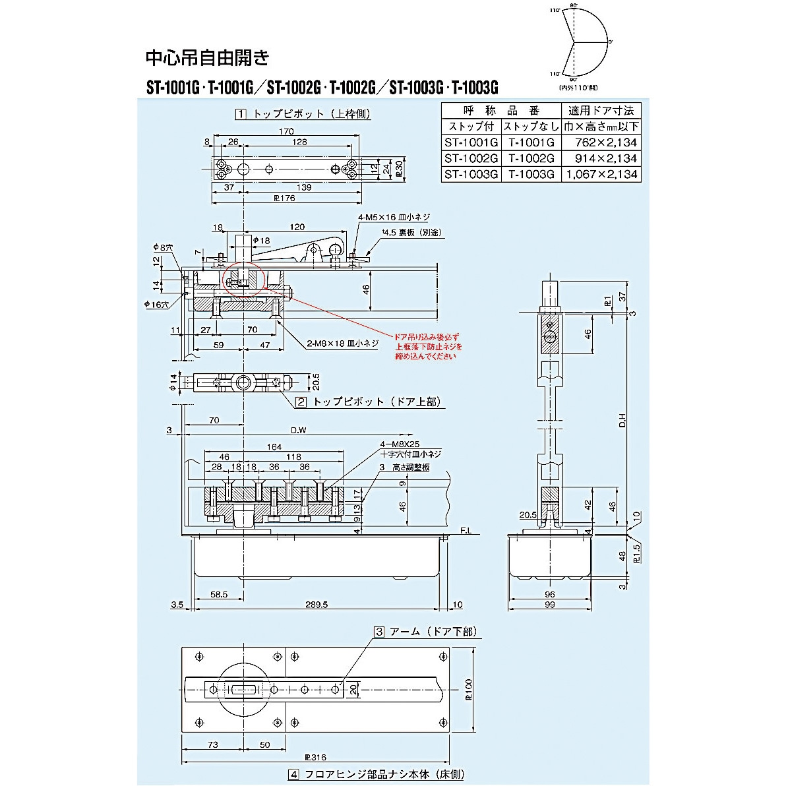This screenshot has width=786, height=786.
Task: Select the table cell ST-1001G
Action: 470,142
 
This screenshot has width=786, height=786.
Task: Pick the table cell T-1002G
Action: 530,158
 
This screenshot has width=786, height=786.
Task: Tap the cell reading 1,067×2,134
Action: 600,174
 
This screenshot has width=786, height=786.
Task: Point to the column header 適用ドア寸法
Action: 600,110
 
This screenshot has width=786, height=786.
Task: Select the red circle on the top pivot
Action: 243,278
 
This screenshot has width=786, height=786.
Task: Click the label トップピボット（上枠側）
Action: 303,114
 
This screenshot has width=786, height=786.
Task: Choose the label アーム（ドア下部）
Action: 425,631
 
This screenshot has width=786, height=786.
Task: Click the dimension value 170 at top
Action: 286,131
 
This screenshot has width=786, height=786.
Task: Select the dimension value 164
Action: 274,447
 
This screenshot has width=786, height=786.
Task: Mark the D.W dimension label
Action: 299,429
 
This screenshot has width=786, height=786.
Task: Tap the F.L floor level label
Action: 466,529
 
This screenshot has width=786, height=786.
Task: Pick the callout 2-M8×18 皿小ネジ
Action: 342,343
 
